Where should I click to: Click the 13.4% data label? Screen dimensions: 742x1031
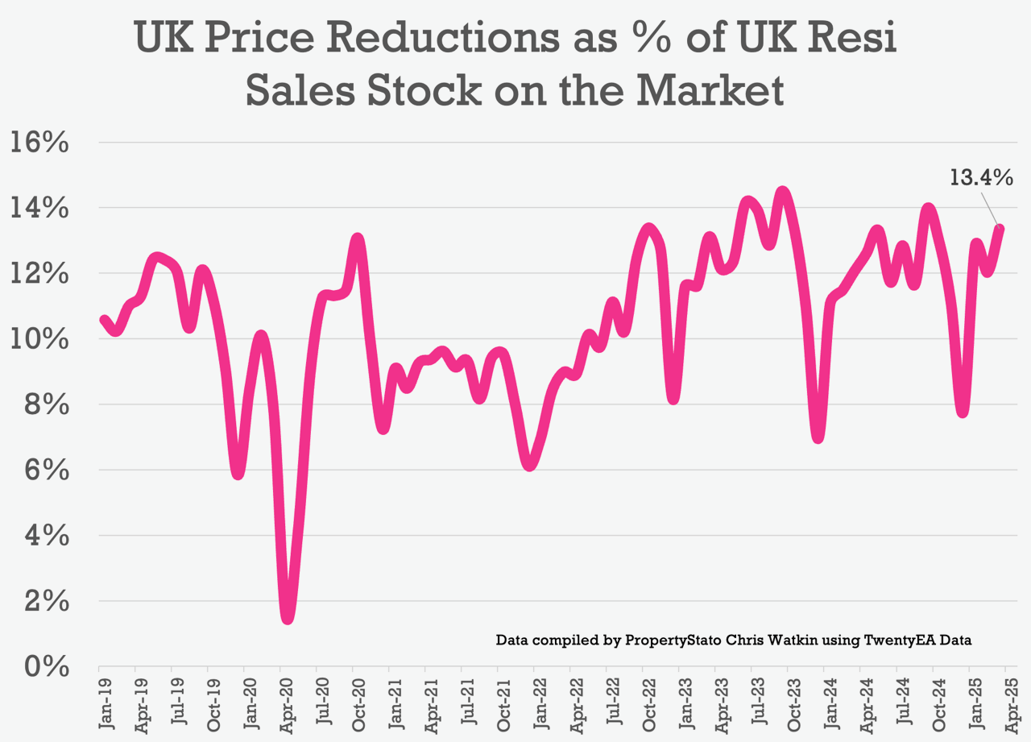[980, 177]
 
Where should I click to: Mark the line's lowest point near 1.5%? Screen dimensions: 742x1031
[288, 618]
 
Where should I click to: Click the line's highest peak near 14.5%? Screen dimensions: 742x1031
[782, 192]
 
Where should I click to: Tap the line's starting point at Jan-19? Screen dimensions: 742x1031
[102, 320]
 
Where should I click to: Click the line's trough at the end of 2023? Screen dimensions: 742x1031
[818, 437]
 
